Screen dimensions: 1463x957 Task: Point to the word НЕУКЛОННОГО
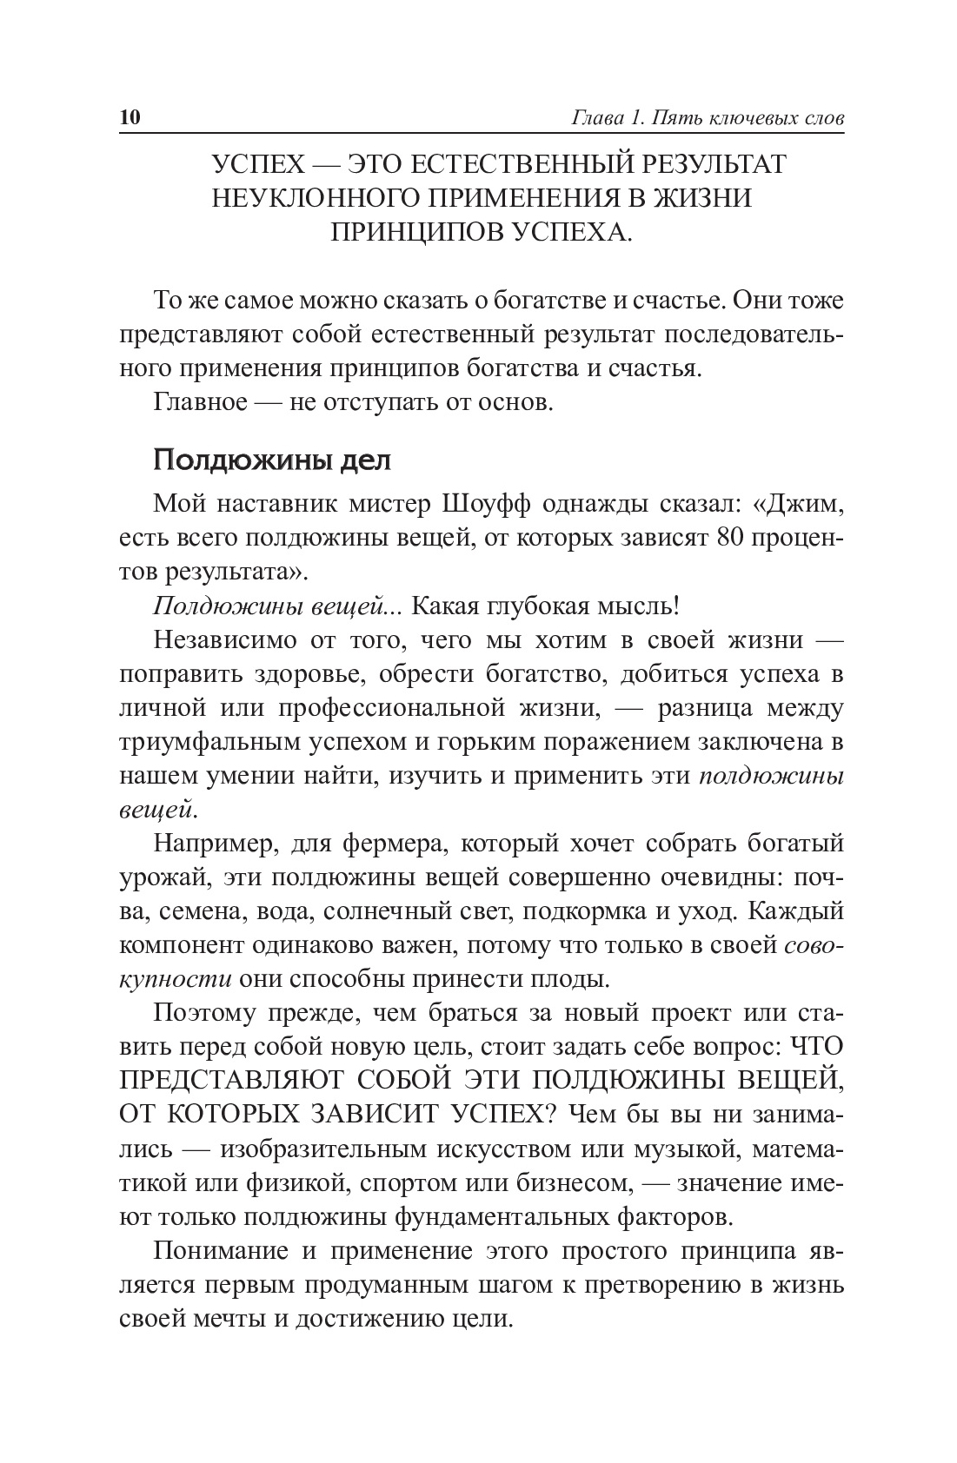pos(315,198)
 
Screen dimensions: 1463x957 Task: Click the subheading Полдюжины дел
pos(272,460)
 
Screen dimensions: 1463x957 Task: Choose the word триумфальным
pos(209,742)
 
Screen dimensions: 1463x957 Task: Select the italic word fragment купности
pos(175,980)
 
